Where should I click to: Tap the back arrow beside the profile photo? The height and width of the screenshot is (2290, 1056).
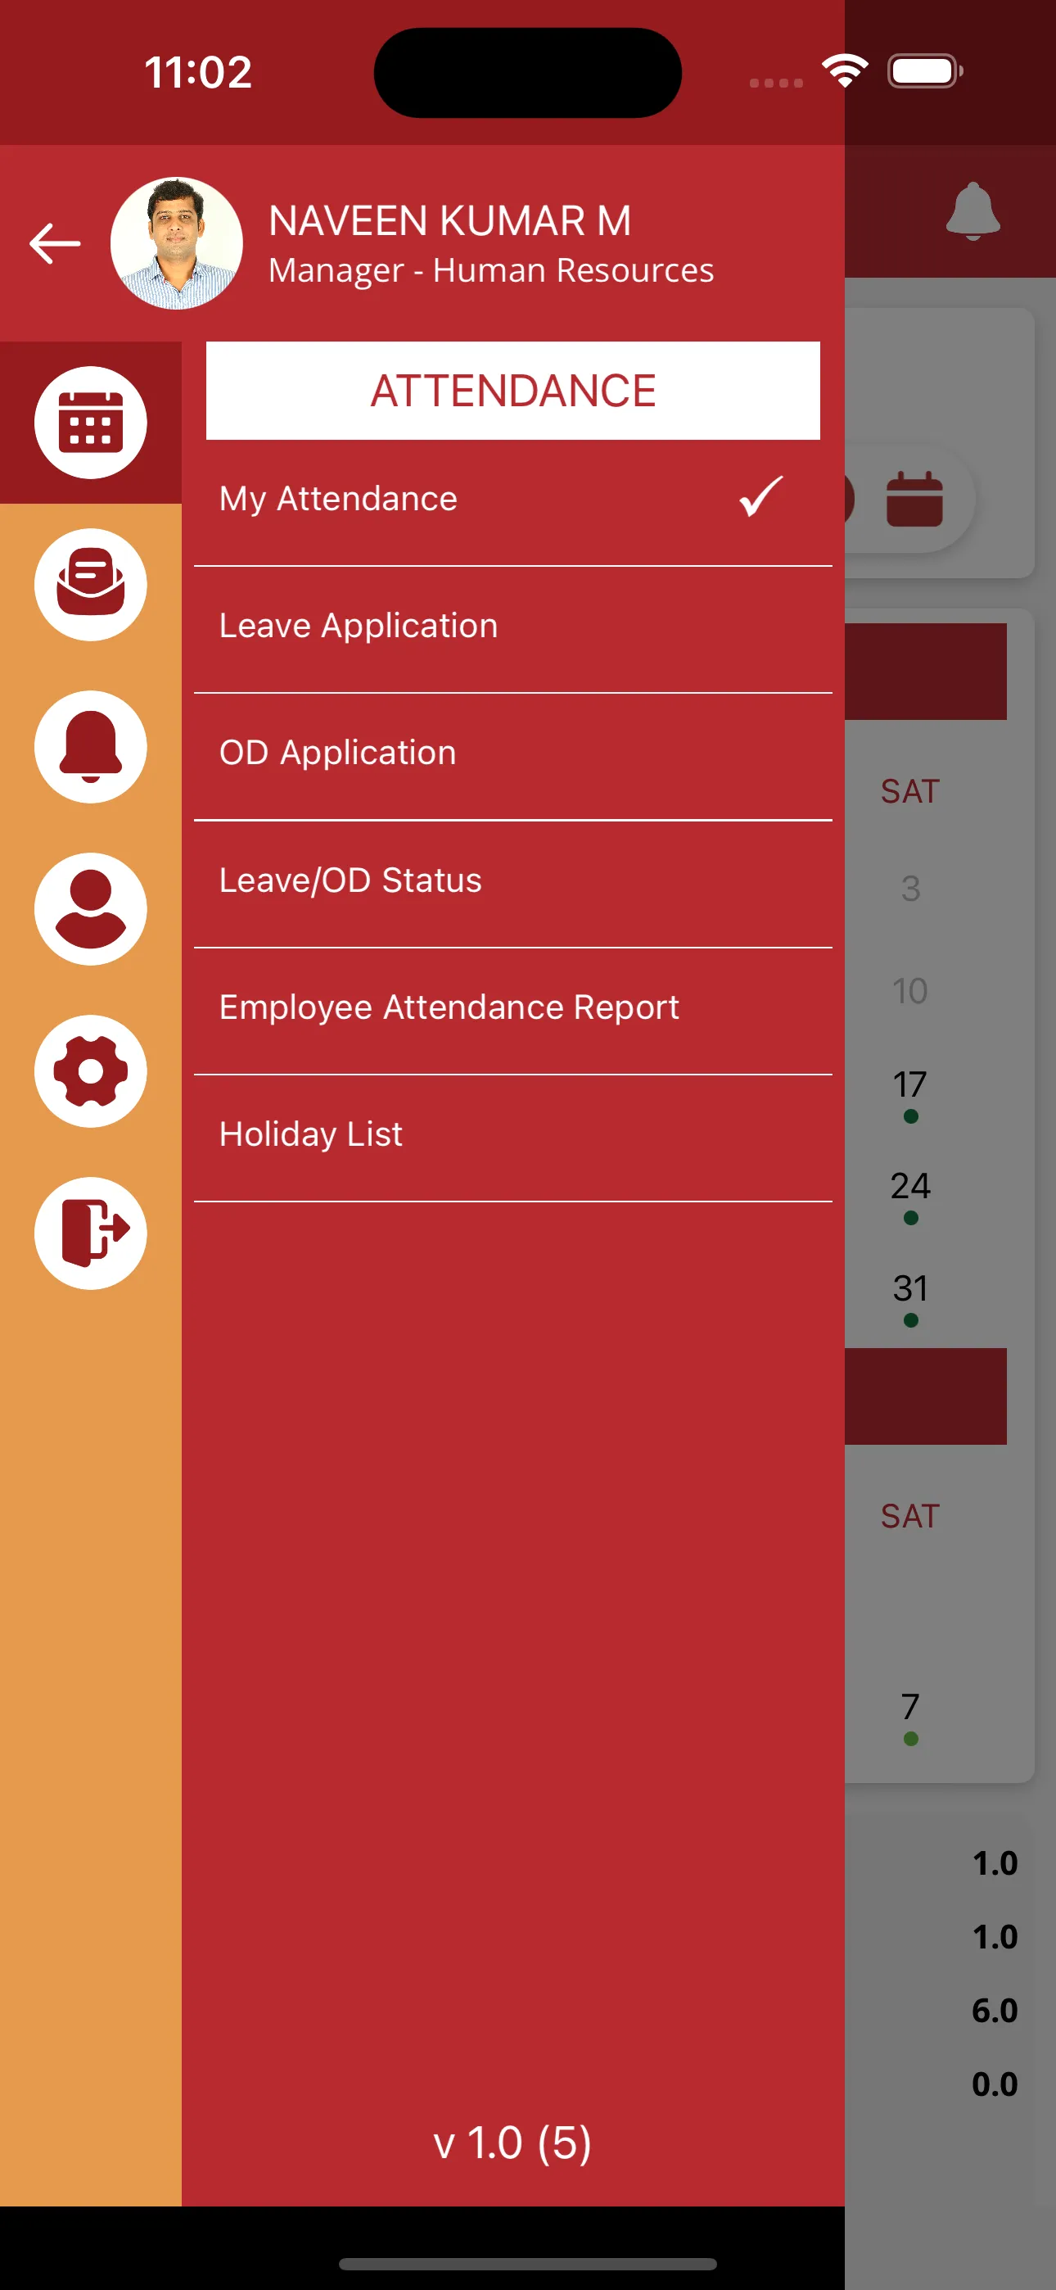(x=55, y=243)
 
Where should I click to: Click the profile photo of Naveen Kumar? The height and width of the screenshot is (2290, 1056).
(x=177, y=243)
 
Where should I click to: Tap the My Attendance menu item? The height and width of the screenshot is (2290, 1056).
(x=339, y=500)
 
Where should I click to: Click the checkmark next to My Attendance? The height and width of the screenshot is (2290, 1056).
(x=760, y=497)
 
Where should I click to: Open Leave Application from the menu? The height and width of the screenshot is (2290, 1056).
(x=359, y=627)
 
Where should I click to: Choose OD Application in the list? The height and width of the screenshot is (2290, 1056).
(x=338, y=754)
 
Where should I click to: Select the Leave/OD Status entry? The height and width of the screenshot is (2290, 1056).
(x=350, y=881)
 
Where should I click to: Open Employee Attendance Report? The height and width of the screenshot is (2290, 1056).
(x=449, y=1008)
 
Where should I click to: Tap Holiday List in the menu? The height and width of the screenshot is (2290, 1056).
(x=311, y=1135)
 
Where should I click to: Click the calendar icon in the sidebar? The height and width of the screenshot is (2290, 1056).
(x=91, y=423)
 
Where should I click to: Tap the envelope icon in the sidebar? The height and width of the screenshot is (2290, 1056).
(x=91, y=584)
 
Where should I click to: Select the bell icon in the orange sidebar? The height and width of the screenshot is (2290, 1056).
(x=91, y=747)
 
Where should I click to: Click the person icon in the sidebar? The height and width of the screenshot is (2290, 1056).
(x=91, y=908)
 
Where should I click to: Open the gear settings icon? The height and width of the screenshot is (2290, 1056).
(x=91, y=1071)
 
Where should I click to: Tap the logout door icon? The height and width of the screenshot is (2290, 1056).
(x=91, y=1233)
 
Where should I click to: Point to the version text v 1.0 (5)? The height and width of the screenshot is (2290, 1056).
(x=512, y=2143)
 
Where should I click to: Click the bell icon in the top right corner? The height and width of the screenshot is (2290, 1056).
(x=973, y=211)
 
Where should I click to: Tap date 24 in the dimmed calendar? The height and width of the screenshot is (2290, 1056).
(x=910, y=1187)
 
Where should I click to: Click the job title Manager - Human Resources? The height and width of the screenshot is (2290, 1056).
(x=490, y=270)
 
